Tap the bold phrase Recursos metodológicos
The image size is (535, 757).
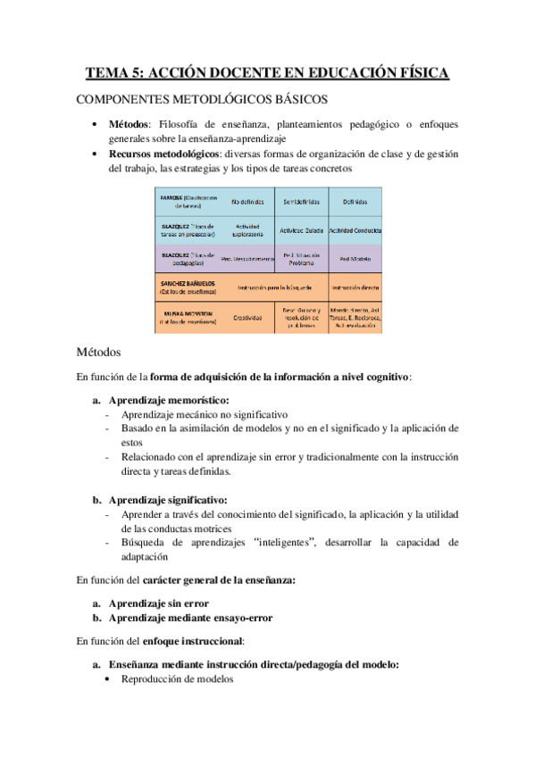pyautogui.click(x=160, y=153)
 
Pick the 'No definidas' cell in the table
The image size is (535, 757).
pyautogui.click(x=247, y=202)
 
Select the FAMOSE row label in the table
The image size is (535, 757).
pyautogui.click(x=188, y=201)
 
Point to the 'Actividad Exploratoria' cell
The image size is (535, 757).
pyautogui.click(x=247, y=231)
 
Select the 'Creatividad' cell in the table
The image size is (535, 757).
pyautogui.click(x=247, y=317)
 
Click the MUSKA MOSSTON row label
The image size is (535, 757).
pyautogui.click(x=188, y=317)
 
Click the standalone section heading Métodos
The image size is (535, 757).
pyautogui.click(x=104, y=353)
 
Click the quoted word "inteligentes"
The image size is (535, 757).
pyautogui.click(x=288, y=542)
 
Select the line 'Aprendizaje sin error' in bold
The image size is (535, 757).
pyautogui.click(x=158, y=603)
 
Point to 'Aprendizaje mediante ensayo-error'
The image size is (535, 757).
pyautogui.click(x=190, y=617)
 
